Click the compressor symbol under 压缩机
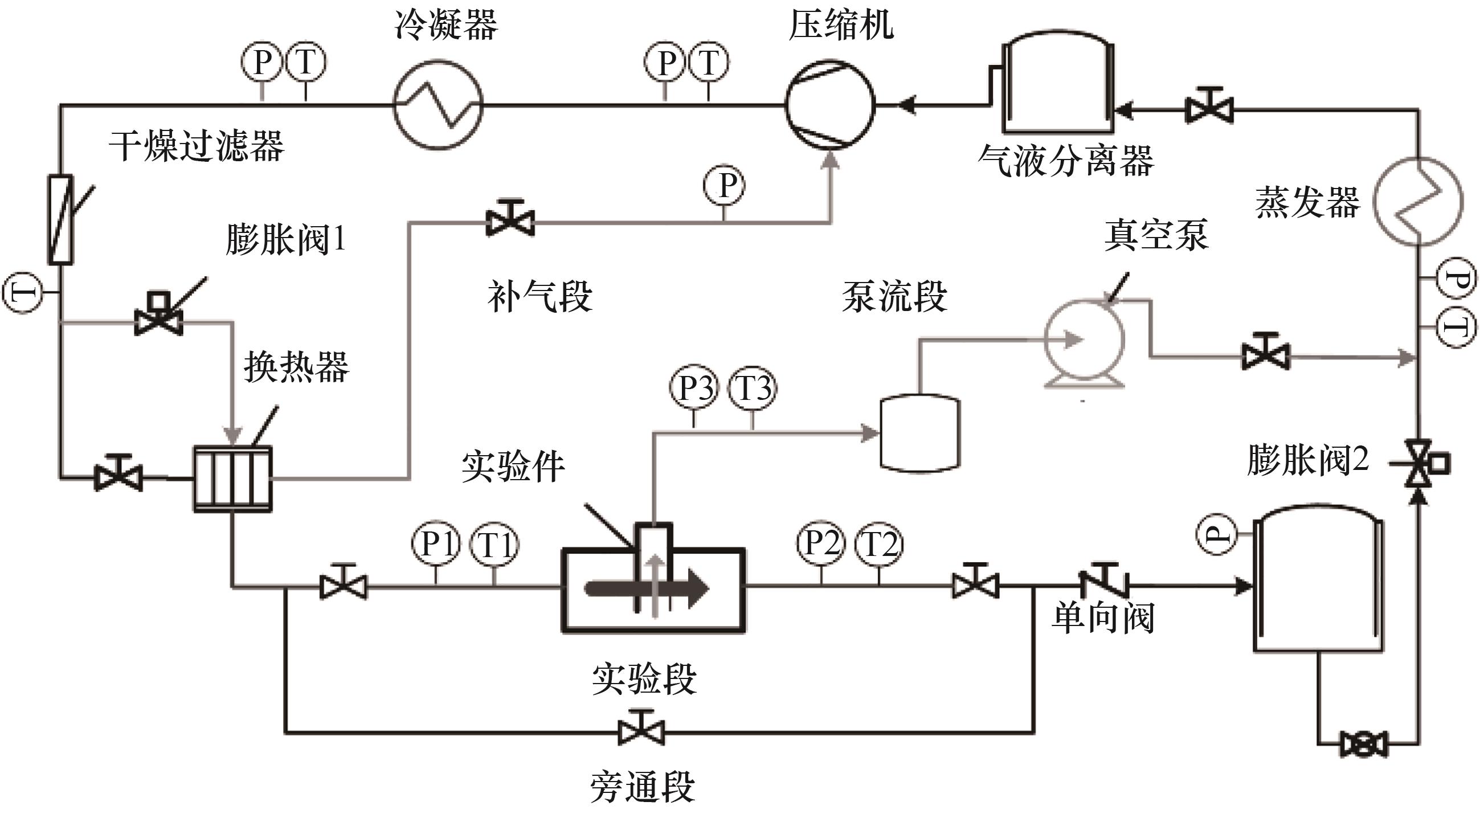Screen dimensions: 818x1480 (x=830, y=105)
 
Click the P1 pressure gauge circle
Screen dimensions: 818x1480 (x=435, y=543)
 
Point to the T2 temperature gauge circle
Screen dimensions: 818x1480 (x=878, y=543)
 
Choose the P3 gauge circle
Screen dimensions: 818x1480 (x=694, y=388)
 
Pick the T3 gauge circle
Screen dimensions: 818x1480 (x=753, y=388)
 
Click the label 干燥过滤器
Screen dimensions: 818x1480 (x=197, y=146)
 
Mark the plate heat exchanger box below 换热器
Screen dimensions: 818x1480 (x=232, y=478)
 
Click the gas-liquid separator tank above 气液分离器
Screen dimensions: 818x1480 (x=1058, y=83)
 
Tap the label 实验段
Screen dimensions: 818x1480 (x=644, y=679)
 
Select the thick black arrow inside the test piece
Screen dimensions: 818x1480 (x=647, y=588)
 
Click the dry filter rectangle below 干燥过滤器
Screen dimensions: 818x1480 (x=60, y=219)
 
